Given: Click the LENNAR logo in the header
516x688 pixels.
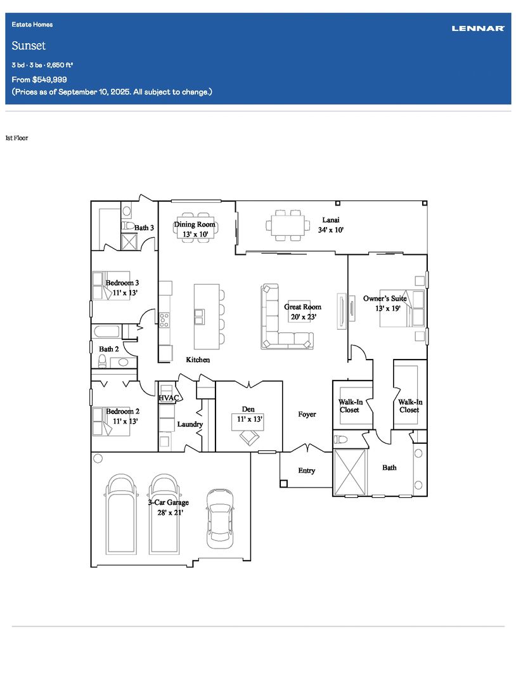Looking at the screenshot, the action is tap(478, 29).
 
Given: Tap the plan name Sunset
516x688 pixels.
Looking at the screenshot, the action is tap(29, 46).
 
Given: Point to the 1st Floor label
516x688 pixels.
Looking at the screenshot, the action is tap(16, 138).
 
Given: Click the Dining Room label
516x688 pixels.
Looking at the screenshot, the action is tap(195, 224).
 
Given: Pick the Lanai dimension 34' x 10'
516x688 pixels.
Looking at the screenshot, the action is tap(331, 230).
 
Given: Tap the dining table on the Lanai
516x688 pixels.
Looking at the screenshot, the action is tap(287, 226).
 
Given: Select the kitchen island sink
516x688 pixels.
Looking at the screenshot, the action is tap(199, 316).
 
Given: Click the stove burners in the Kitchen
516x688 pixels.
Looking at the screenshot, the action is tap(164, 320).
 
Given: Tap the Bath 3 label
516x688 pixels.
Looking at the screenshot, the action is tap(144, 228).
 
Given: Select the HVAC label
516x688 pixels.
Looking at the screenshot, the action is tap(169, 398).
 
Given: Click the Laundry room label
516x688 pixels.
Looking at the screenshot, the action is tap(190, 424).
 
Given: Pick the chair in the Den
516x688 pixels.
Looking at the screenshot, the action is tap(249, 437).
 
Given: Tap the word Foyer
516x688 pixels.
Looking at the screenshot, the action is tap(307, 414).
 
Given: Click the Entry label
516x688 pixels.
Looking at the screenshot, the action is tap(307, 471).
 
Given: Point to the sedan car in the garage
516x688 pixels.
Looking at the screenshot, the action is tap(220, 519).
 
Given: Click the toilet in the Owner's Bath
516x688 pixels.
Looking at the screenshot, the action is tap(341, 439).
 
